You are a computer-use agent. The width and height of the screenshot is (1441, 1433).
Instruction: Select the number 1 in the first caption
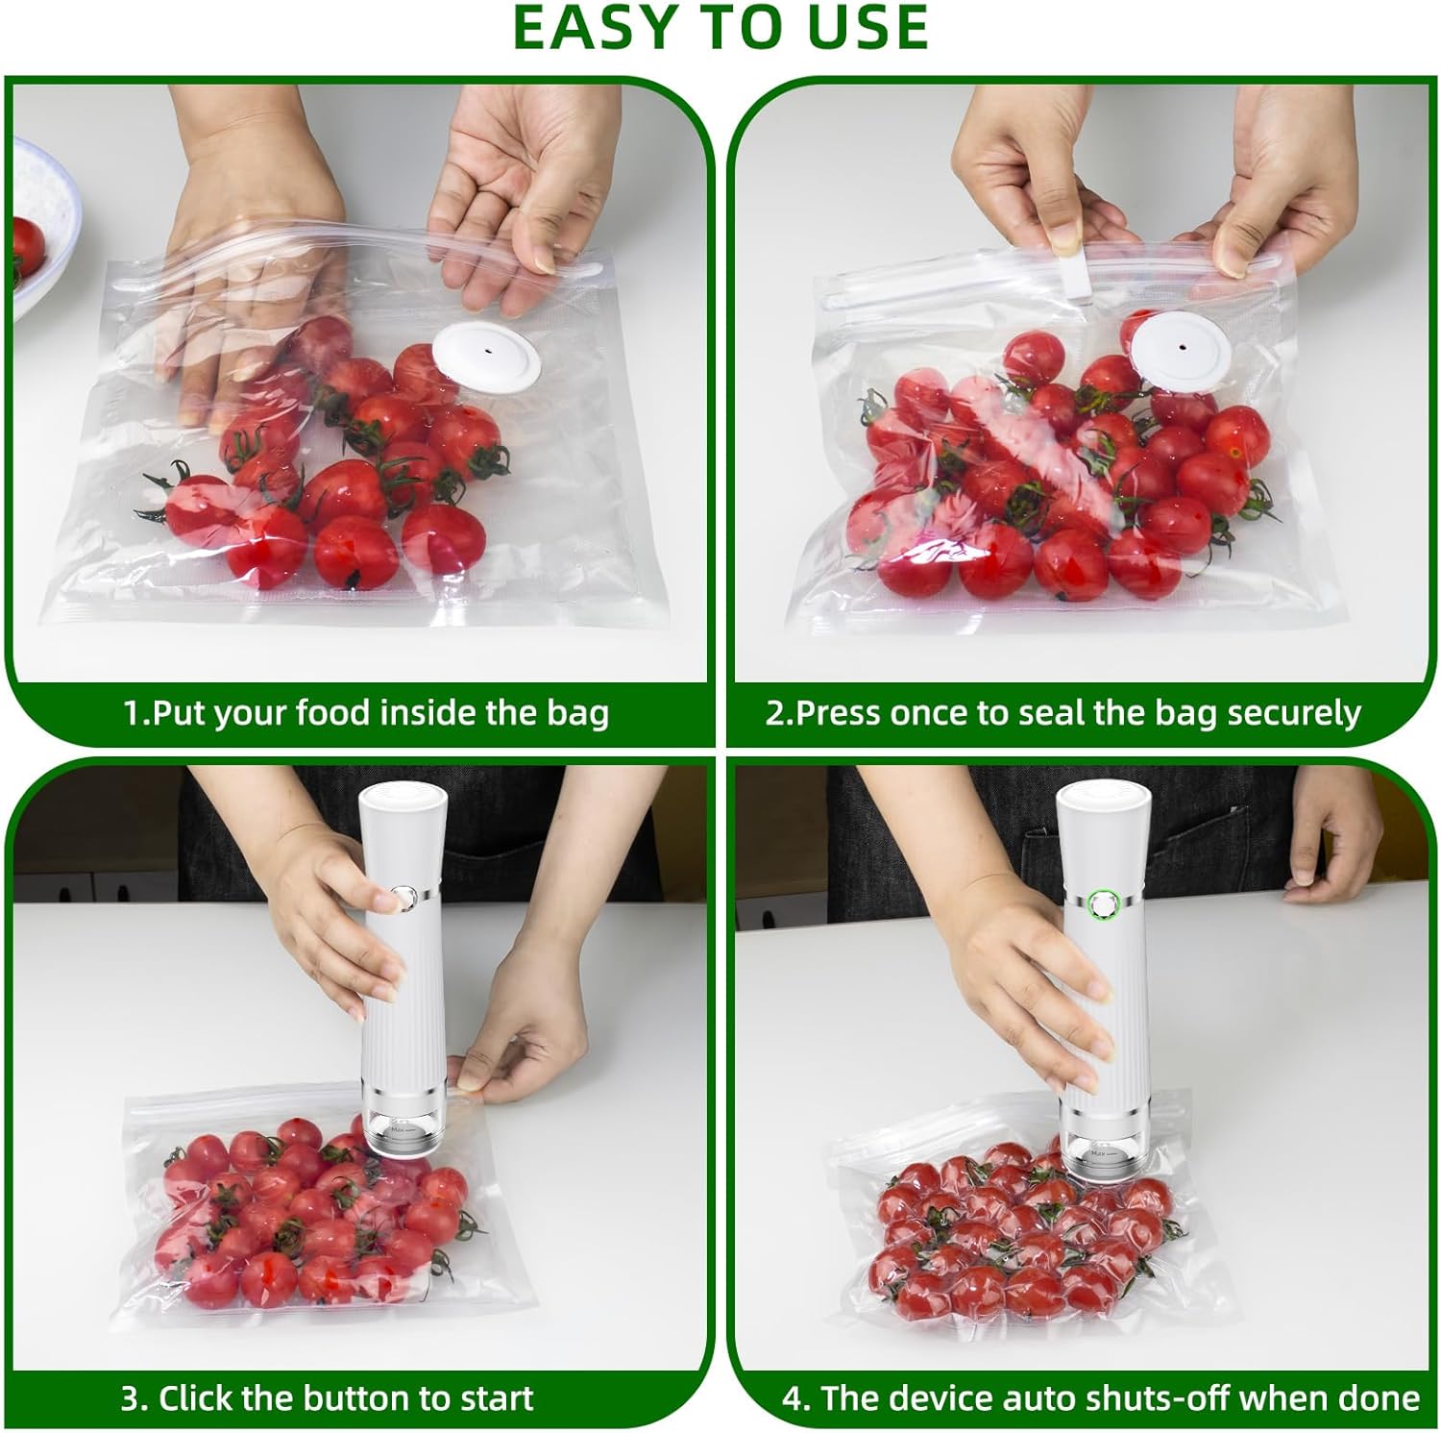[133, 712]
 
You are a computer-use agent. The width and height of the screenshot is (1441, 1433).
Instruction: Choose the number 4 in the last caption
[793, 1396]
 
